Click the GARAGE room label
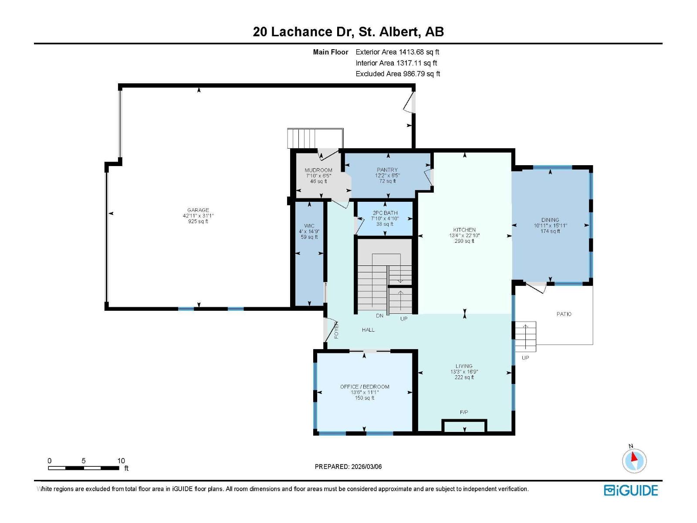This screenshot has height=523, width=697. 198,210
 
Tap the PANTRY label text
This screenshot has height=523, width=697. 387,170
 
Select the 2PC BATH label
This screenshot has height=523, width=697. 385,213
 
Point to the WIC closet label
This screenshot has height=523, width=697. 309,226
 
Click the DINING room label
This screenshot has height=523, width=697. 550,220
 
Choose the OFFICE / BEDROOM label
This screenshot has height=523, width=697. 365,387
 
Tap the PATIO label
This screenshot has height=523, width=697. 564,314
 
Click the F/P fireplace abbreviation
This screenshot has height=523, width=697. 464,412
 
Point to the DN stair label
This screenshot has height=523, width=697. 379,316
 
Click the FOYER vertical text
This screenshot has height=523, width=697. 336,330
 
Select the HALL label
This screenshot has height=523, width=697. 368,330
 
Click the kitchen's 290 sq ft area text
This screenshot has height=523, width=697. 464,241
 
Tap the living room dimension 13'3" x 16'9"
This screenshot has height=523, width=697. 464,371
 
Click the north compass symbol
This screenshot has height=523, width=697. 634,460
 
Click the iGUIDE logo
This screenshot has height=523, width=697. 630,490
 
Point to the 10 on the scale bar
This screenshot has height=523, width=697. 121,461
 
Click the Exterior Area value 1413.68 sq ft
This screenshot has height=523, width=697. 419,52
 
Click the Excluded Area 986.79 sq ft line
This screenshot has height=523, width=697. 398,74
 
